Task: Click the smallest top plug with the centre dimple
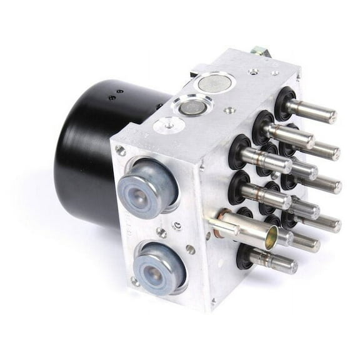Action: (x=164, y=126)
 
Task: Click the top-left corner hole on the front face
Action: (x=121, y=151)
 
